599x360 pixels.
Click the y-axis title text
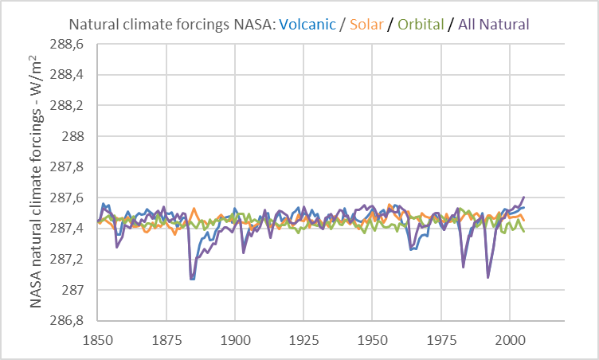point(36,182)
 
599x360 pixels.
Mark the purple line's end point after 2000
point(524,196)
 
